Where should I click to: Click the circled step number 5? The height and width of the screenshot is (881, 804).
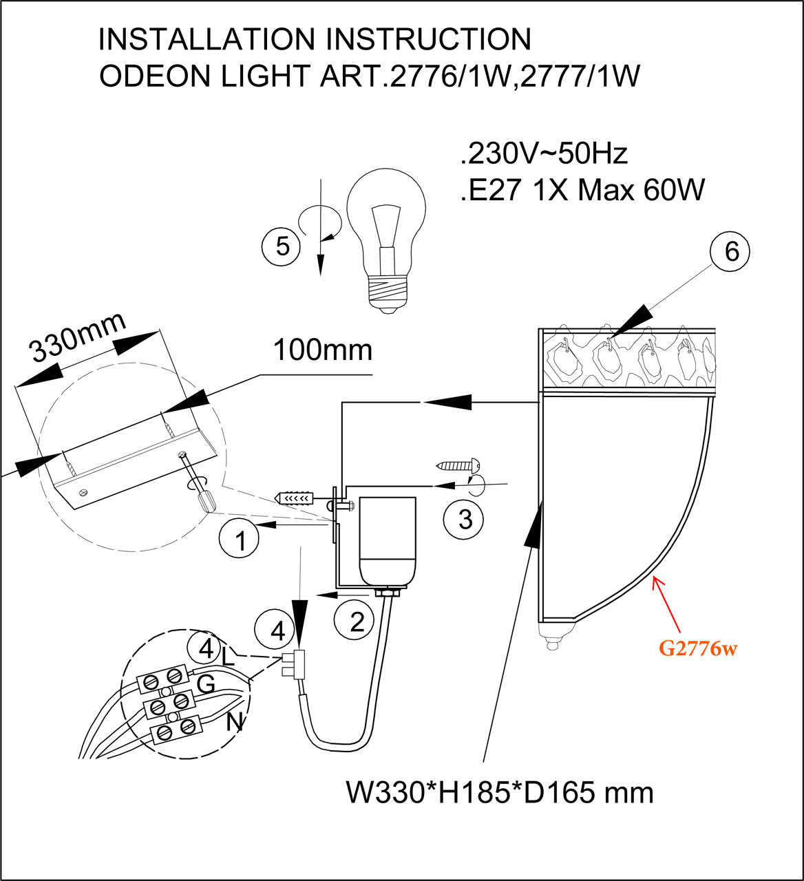283,246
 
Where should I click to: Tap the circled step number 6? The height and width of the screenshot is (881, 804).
732,252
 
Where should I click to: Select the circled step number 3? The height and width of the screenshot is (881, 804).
465,518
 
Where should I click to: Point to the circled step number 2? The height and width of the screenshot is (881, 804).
357,622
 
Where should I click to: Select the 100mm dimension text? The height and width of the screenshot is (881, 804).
323,350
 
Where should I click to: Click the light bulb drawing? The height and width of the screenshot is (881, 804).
385,241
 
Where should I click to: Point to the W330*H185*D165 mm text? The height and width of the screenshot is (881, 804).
499,792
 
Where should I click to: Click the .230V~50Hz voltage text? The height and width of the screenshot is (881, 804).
544,153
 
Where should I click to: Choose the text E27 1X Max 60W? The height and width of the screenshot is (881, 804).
582,189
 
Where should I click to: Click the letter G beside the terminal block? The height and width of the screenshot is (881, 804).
206,684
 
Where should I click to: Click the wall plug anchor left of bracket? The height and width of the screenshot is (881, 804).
295,497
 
